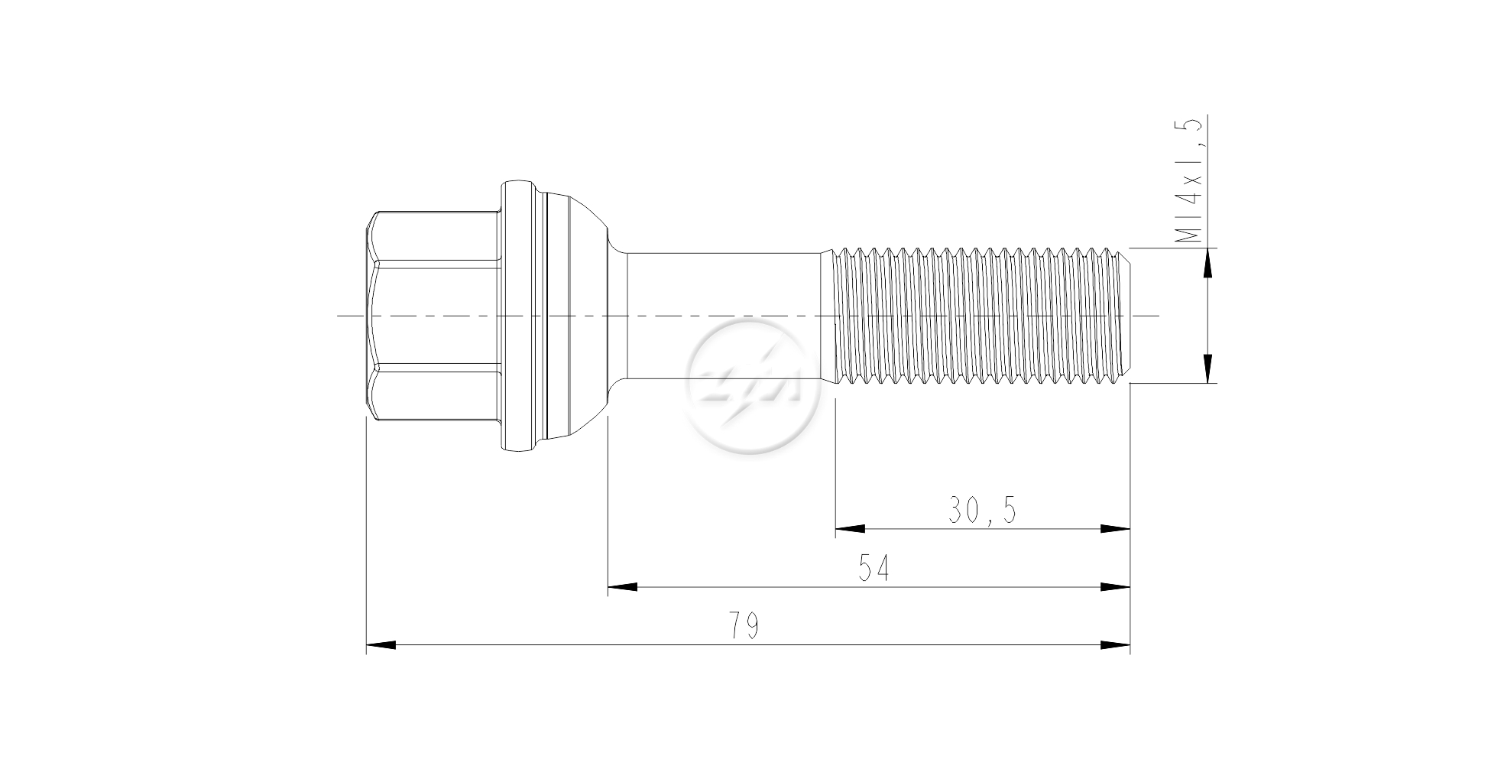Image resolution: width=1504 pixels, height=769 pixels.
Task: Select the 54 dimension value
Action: pyautogui.click(x=874, y=569)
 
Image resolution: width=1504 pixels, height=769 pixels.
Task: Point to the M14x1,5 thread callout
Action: pyautogui.click(x=1189, y=180)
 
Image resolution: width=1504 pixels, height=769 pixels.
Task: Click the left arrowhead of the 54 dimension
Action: pyautogui.click(x=623, y=587)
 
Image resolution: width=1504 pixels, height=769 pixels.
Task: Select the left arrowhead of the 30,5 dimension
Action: pyautogui.click(x=850, y=528)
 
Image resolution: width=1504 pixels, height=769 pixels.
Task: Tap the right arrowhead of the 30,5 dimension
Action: pyautogui.click(x=1115, y=528)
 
